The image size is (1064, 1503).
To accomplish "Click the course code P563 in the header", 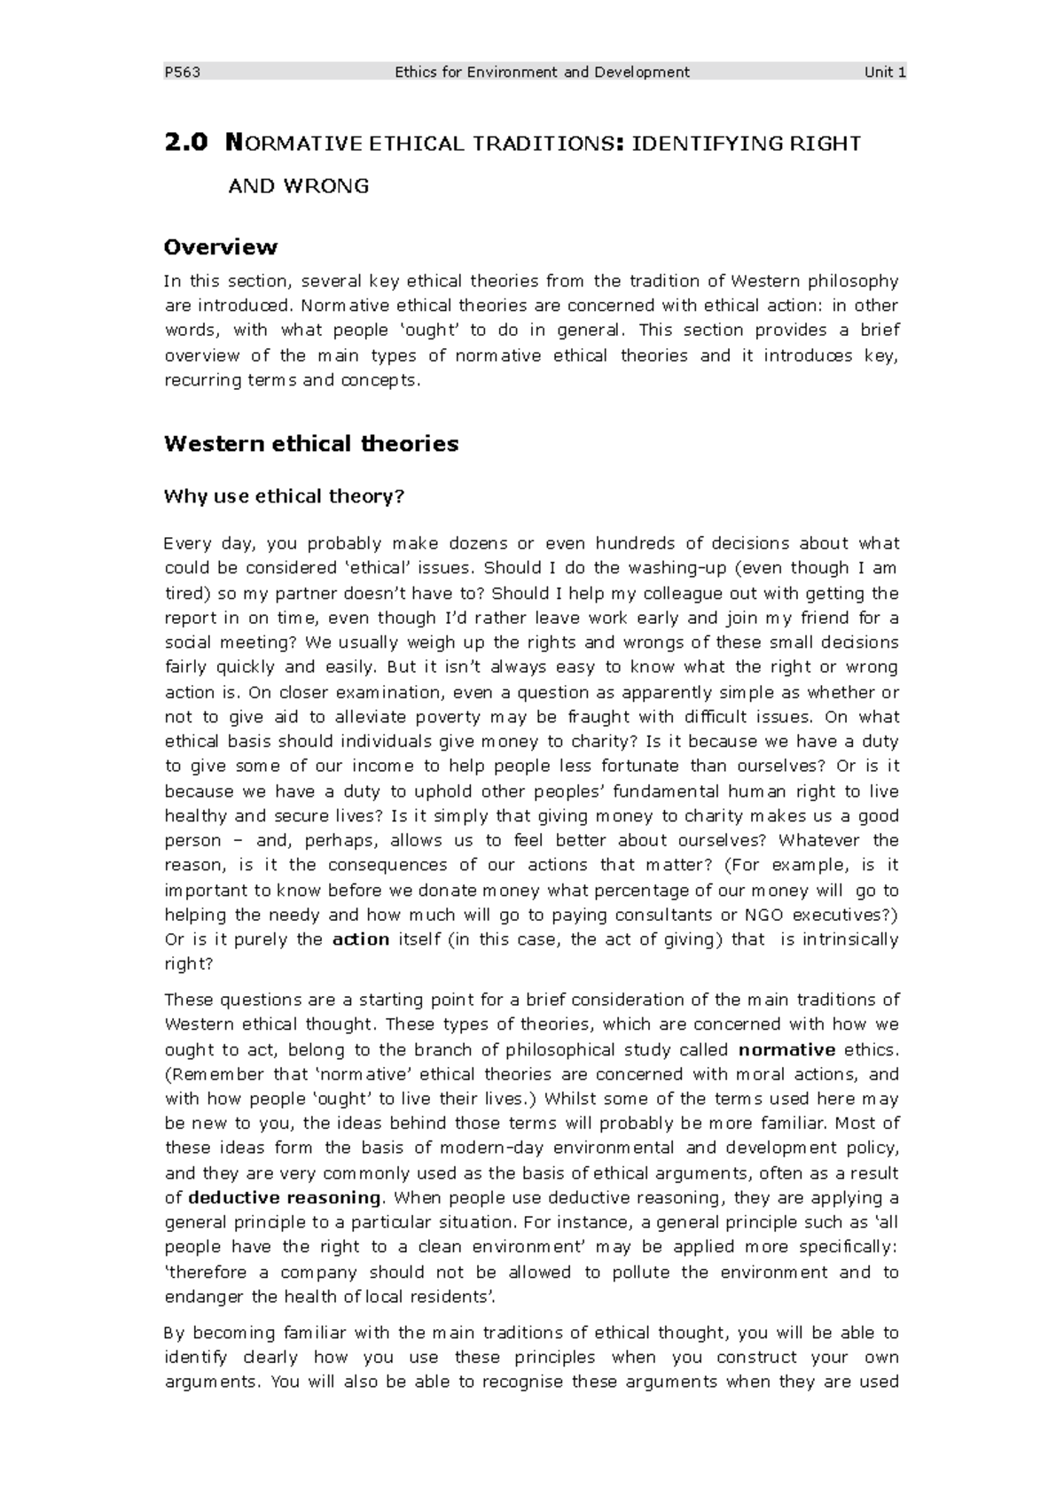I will tap(183, 73).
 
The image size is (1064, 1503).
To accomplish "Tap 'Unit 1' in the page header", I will tap(885, 73).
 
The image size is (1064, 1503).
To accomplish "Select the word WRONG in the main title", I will tap(325, 186).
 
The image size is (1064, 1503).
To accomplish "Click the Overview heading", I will tap(221, 247).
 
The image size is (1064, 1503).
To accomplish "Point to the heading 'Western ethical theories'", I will tap(311, 444).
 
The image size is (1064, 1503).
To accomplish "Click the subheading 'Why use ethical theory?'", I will tap(284, 496).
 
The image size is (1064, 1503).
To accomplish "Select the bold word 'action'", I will tap(361, 939).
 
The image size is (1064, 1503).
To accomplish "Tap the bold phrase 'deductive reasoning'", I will tap(285, 1198).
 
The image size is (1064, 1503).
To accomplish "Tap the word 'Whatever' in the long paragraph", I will tap(819, 840).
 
